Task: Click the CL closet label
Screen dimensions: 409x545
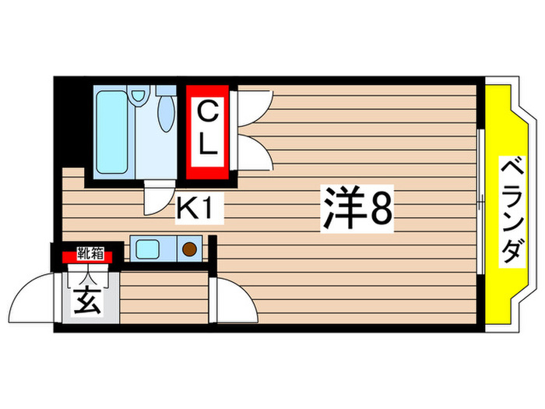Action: [x=206, y=130]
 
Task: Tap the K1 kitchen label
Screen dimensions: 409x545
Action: [x=199, y=208]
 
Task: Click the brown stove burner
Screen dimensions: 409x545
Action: [x=190, y=249]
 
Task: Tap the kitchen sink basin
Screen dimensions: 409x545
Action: [x=147, y=249]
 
